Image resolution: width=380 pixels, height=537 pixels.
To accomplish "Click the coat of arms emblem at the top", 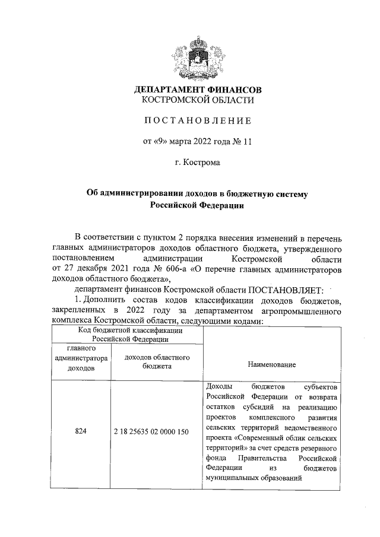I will (198, 58).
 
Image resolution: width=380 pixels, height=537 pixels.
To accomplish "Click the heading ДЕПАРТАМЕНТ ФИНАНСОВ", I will (198, 90).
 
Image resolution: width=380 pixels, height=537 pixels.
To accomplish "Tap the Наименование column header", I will (273, 364).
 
